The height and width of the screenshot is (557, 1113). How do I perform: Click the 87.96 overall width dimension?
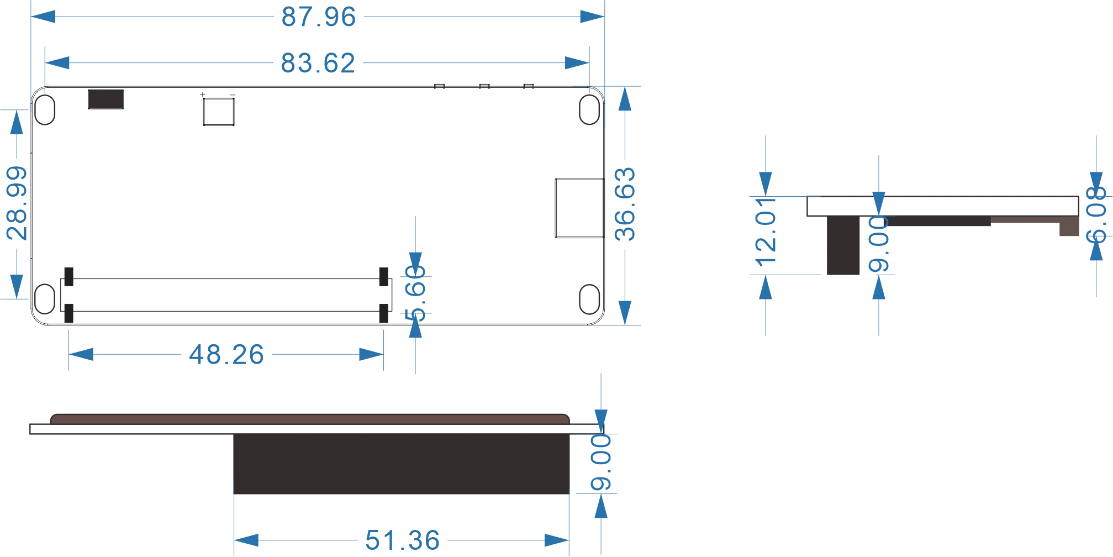click(319, 17)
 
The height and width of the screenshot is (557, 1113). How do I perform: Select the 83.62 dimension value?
click(318, 63)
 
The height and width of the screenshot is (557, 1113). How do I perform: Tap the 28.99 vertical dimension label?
click(17, 203)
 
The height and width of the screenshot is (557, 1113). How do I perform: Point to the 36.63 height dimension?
click(625, 204)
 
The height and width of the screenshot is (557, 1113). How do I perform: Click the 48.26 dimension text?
click(226, 355)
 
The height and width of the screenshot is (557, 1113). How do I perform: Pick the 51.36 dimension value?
click(403, 540)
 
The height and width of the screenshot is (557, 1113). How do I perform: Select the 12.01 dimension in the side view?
click(766, 232)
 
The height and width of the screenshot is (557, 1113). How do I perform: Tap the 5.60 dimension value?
click(415, 293)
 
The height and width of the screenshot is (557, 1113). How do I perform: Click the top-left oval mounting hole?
click(45, 110)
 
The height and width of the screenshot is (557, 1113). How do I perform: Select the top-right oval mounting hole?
click(589, 110)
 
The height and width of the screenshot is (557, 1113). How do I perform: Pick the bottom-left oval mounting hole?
click(45, 299)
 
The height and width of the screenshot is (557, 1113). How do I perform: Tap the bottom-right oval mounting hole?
click(589, 299)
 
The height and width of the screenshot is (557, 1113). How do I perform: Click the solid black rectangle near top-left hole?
click(106, 99)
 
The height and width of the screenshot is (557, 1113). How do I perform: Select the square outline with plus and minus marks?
click(219, 112)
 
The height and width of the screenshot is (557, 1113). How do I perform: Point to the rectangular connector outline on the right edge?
click(579, 208)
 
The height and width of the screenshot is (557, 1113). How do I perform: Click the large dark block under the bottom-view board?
click(402, 464)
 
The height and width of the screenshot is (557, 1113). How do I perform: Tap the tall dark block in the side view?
click(843, 245)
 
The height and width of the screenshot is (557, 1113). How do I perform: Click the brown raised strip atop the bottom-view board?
click(310, 419)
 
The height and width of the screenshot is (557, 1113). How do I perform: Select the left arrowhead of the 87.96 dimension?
click(43, 17)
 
